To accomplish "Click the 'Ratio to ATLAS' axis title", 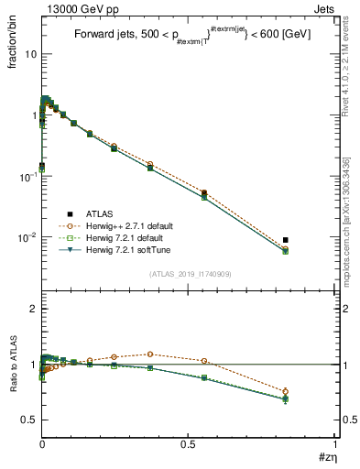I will (14, 365).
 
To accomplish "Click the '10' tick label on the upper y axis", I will (30, 54).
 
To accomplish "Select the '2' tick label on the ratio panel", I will (34, 310).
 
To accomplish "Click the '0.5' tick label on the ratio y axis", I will (29, 420).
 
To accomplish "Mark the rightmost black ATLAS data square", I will (286, 240).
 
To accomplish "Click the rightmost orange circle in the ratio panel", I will (286, 391).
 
